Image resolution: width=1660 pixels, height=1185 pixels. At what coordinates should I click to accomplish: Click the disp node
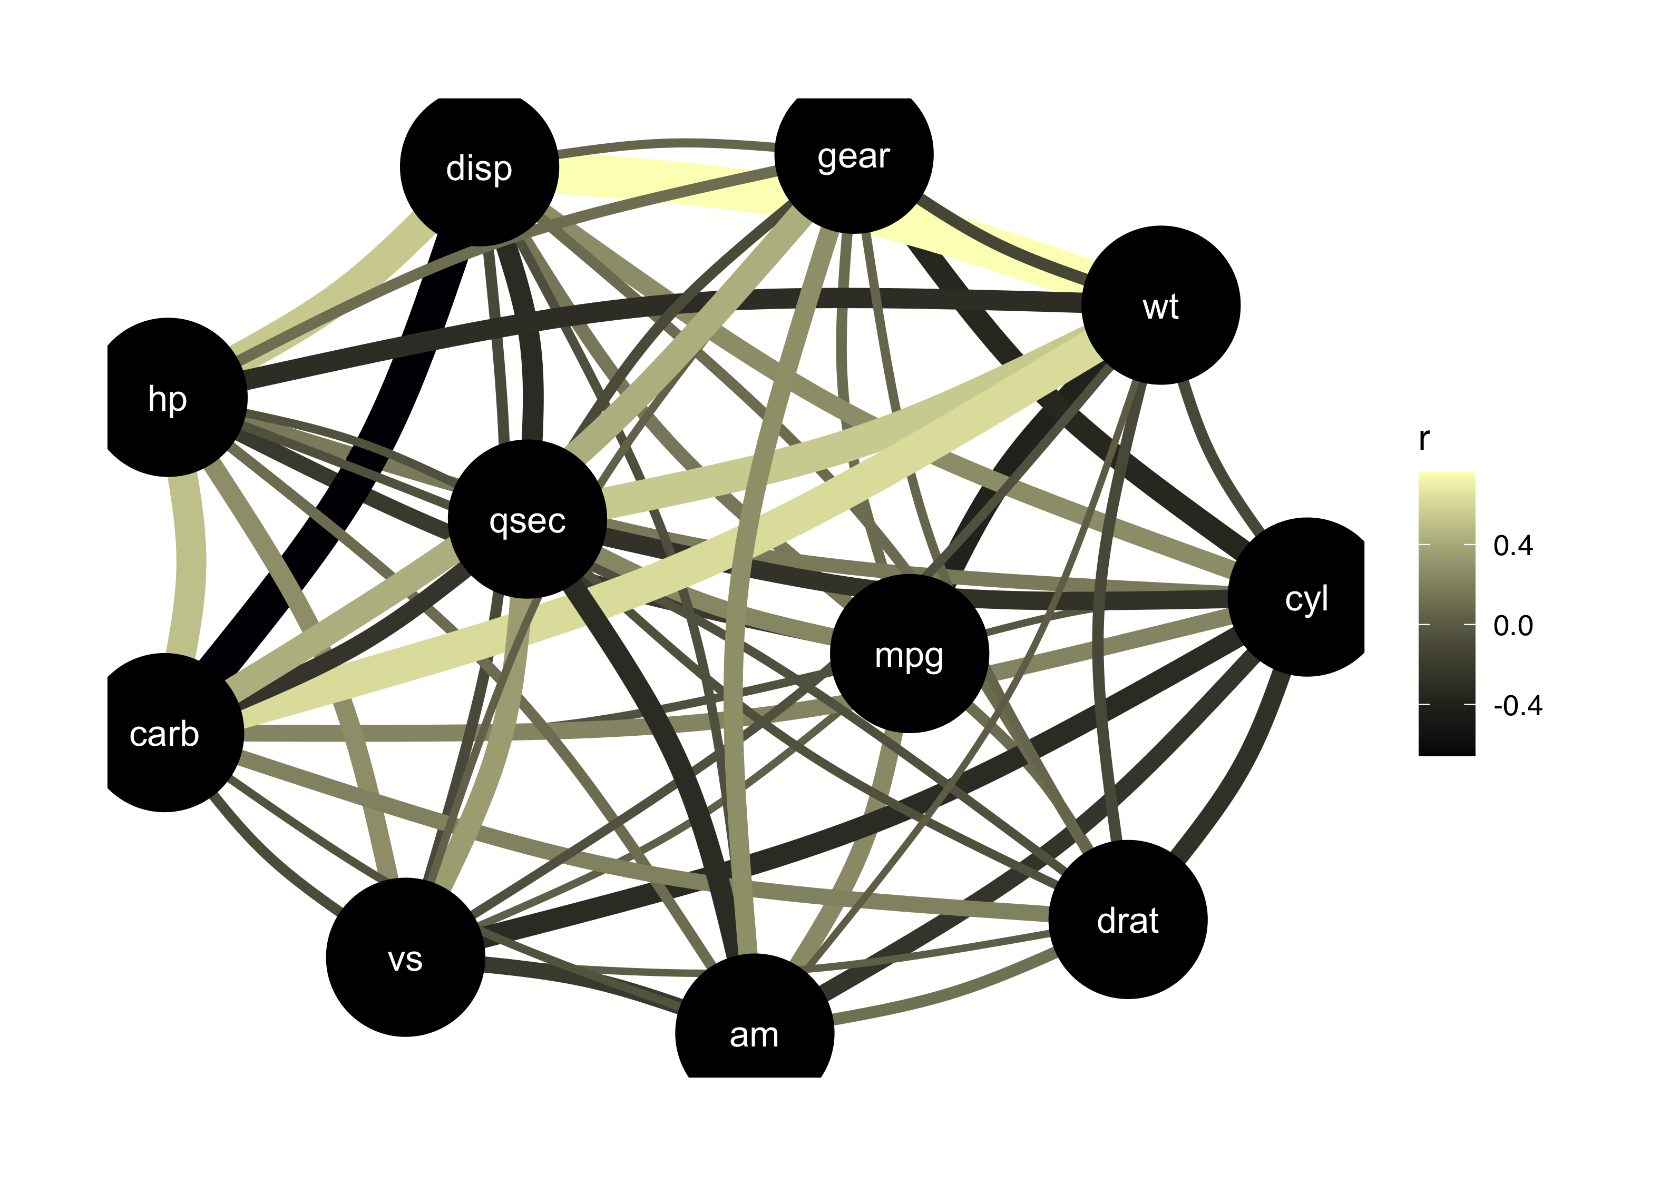[479, 168]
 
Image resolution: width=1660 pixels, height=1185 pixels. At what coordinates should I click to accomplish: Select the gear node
[853, 155]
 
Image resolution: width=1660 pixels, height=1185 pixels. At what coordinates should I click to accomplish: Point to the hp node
[168, 398]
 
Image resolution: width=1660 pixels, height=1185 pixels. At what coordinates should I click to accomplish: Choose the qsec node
[527, 519]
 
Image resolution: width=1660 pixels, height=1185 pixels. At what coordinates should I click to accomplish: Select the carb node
[165, 733]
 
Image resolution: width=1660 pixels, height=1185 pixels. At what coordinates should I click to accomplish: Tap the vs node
[405, 957]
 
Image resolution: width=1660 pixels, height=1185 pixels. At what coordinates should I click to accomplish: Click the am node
[754, 1034]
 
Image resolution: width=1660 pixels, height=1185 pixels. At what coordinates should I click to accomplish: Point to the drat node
[1127, 920]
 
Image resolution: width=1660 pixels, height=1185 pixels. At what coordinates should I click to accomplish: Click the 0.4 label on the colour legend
[1512, 546]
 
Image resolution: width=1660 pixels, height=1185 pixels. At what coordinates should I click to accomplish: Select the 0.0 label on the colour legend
[1512, 625]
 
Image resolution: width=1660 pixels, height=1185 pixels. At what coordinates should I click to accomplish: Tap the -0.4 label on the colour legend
[1517, 706]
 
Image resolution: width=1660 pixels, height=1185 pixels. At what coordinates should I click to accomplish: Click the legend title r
[1423, 439]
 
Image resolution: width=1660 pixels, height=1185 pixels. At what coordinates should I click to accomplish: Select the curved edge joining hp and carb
[191, 562]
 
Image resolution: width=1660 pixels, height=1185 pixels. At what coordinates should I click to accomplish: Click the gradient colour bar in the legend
[1446, 613]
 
